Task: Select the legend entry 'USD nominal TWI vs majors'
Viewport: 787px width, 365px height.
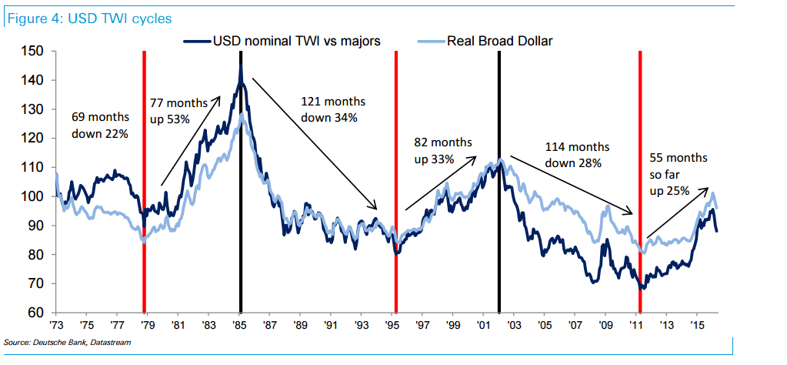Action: click(296, 41)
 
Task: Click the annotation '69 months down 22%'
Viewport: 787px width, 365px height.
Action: click(100, 125)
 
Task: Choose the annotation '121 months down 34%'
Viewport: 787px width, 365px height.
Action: click(334, 109)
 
